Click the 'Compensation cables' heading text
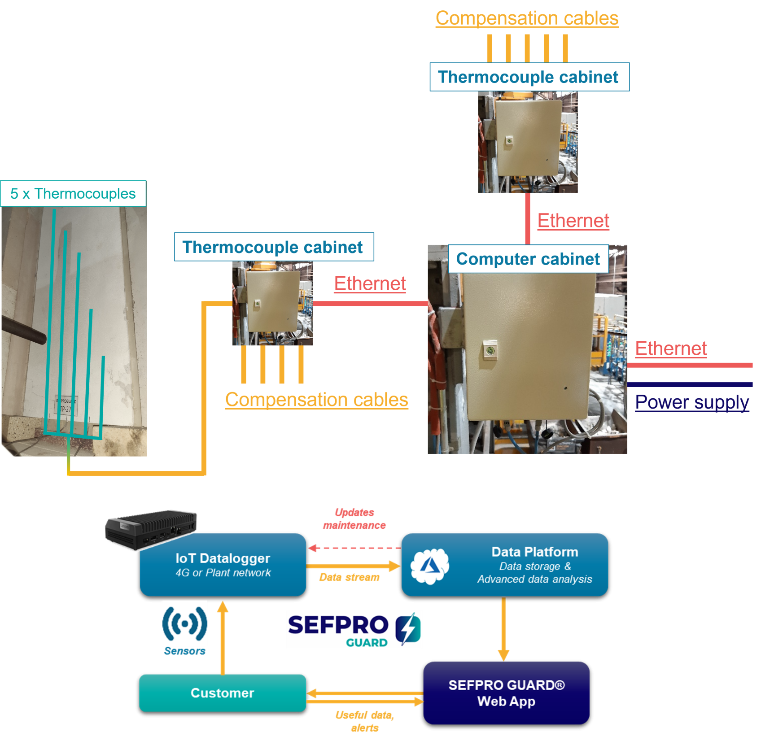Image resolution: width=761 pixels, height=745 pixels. pyautogui.click(x=527, y=19)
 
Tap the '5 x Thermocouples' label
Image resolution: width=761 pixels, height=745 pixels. pyautogui.click(x=73, y=194)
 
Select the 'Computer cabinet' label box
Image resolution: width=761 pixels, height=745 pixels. pyautogui.click(x=528, y=259)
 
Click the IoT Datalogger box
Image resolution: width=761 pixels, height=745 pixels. pyautogui.click(x=223, y=565)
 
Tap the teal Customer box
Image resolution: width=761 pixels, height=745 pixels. pyautogui.click(x=223, y=693)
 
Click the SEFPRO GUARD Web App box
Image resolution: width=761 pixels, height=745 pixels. pyautogui.click(x=506, y=693)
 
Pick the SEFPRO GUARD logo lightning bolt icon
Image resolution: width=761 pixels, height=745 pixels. pyautogui.click(x=408, y=629)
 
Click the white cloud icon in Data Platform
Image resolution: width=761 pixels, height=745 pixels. pyautogui.click(x=430, y=566)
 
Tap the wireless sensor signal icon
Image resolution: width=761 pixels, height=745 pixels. pyautogui.click(x=185, y=623)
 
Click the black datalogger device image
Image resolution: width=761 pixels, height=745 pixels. pyautogui.click(x=150, y=529)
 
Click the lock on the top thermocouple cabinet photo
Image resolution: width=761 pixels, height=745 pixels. pyautogui.click(x=509, y=141)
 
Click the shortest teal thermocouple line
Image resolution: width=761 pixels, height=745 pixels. pyautogui.click(x=102, y=395)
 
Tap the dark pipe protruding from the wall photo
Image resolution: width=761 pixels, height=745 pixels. pyautogui.click(x=22, y=330)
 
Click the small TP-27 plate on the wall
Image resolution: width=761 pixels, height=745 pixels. pyautogui.click(x=66, y=406)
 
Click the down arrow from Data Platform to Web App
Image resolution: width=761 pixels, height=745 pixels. pyautogui.click(x=503, y=628)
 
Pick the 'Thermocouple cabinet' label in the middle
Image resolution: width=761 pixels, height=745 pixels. pyautogui.click(x=273, y=247)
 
